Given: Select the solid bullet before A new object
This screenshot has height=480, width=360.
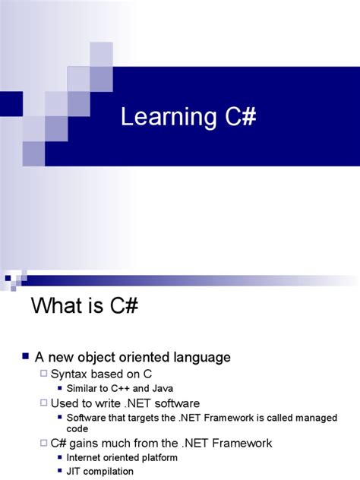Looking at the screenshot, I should pyautogui.click(x=25, y=355).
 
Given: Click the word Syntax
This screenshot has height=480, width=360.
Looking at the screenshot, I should pyautogui.click(x=70, y=373).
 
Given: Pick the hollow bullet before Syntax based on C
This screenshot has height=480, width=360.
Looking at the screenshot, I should pyautogui.click(x=43, y=373).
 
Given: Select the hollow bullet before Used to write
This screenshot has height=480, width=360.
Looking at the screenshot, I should pyautogui.click(x=43, y=403).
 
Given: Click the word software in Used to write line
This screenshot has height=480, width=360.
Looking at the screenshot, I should pyautogui.click(x=174, y=403).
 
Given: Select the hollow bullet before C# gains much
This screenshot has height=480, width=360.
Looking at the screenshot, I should pyautogui.click(x=43, y=443).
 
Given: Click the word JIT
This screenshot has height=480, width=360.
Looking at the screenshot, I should pyautogui.click(x=74, y=471).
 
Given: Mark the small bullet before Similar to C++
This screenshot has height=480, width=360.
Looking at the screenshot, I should pyautogui.click(x=60, y=388).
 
